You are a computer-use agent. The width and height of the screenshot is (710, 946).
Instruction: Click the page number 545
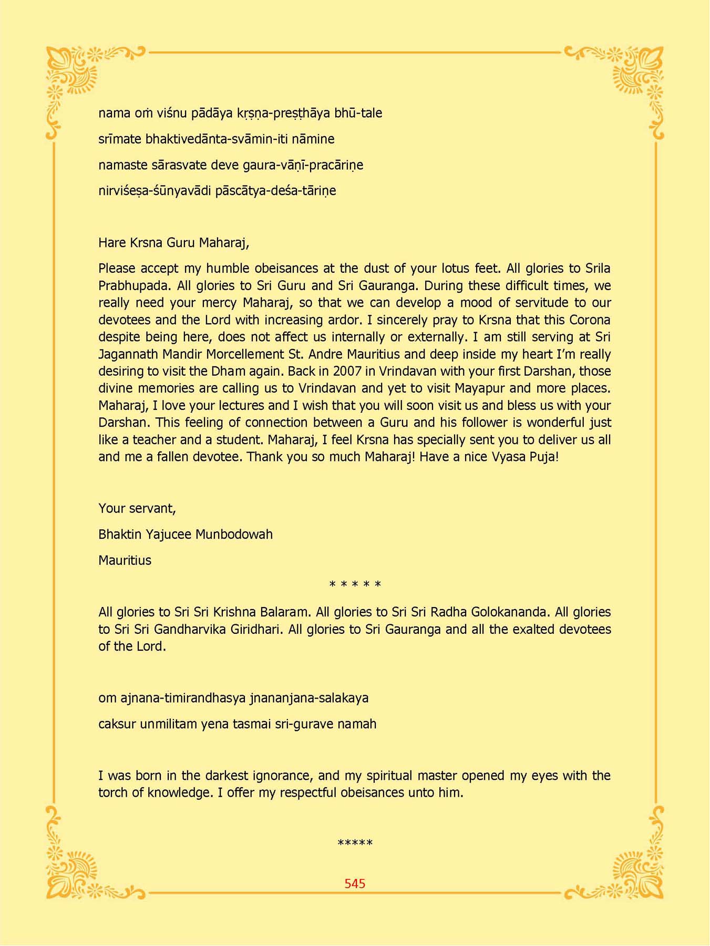355,883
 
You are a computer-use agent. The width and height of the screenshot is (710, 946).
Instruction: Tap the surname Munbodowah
234,534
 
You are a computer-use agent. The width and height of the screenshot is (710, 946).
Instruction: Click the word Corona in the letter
590,320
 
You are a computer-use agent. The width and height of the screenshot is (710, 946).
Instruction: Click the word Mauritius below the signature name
125,560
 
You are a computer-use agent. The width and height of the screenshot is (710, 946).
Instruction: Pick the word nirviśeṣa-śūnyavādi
155,191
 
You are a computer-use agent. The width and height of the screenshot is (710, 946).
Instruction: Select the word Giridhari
254,630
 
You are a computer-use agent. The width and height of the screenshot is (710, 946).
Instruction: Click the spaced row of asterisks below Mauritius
355,584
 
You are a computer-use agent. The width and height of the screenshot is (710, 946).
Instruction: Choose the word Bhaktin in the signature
119,534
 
